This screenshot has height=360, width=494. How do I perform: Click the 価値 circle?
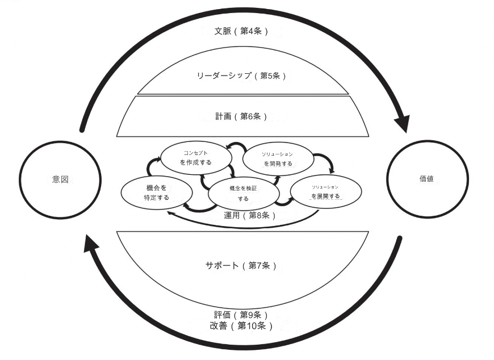tap(426, 178)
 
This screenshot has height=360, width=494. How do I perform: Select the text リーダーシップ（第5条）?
tap(242, 76)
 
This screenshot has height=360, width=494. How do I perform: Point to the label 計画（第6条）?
tap(238, 116)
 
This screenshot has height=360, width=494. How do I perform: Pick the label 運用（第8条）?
tap(250, 215)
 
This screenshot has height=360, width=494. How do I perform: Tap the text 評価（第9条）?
tap(241, 315)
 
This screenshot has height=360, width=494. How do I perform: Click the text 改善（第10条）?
tap(241, 326)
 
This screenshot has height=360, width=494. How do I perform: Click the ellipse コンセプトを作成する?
tap(196, 157)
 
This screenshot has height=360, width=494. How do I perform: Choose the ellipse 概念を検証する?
tap(243, 193)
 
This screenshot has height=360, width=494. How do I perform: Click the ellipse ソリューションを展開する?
tap(325, 191)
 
